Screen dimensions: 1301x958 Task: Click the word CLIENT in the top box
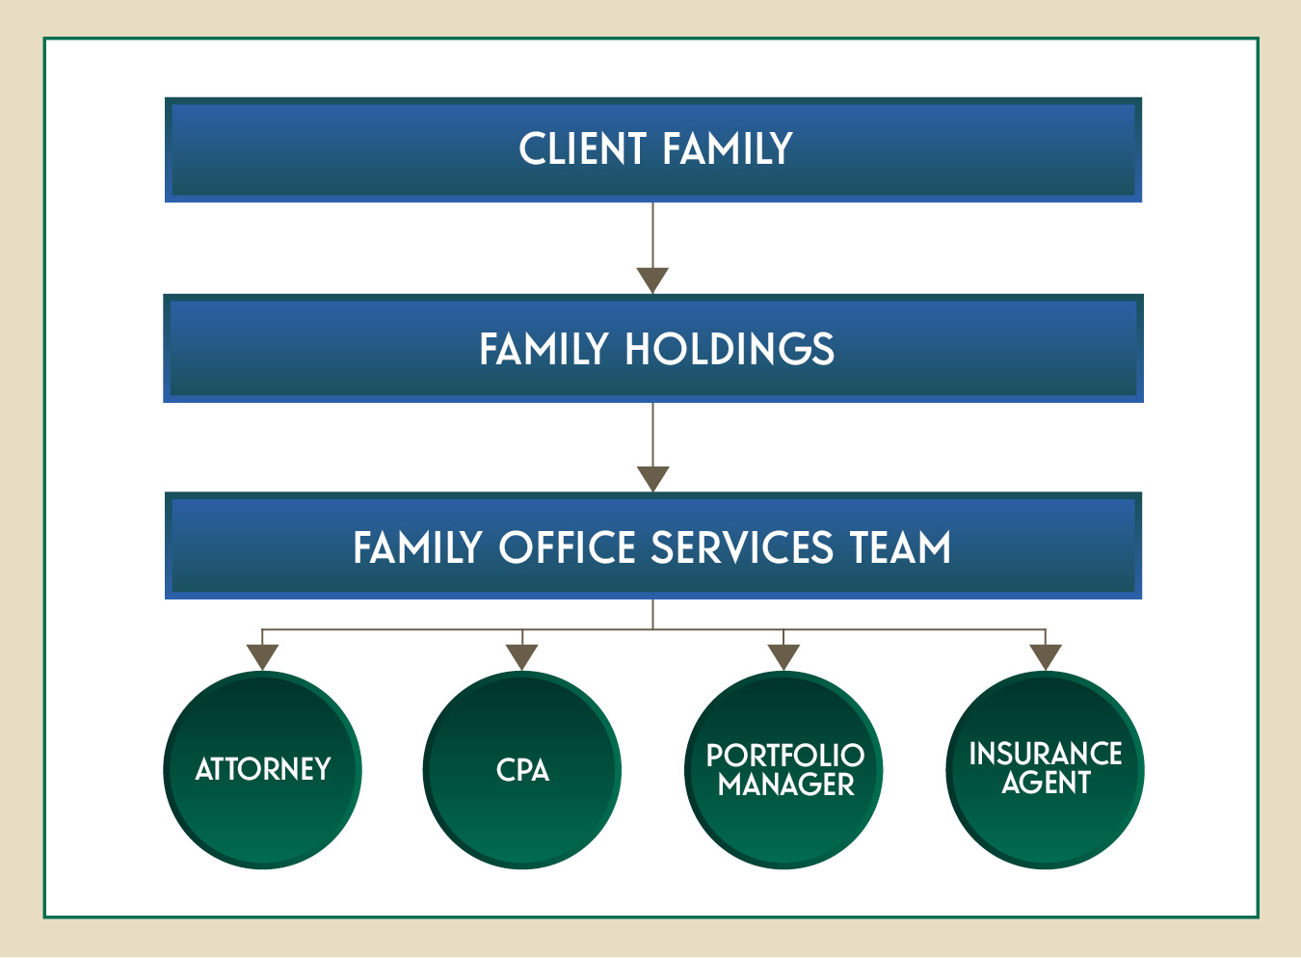click(582, 148)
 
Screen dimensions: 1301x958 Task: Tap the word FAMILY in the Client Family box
click(728, 148)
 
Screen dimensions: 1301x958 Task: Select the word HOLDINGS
click(730, 349)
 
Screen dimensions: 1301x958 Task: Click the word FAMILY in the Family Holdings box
click(544, 349)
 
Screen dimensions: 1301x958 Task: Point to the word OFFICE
click(568, 547)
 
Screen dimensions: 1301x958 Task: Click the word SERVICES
click(742, 547)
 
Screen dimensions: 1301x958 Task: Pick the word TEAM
click(900, 547)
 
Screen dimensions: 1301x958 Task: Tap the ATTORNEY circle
click(262, 770)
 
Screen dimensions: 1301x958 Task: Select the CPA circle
click(522, 770)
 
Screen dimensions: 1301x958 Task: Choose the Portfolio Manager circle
click(783, 770)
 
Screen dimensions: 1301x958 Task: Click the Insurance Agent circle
click(1046, 770)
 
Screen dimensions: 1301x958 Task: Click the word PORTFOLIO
click(785, 756)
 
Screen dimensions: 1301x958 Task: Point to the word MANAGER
click(785, 785)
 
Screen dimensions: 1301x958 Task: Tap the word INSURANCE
click(1046, 754)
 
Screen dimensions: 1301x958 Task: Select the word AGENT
click(1046, 782)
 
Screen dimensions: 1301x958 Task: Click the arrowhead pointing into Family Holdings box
click(652, 280)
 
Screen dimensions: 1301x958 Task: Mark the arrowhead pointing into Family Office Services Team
click(653, 479)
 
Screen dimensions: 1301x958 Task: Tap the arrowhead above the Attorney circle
click(262, 657)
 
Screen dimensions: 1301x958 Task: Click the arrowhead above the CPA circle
click(522, 657)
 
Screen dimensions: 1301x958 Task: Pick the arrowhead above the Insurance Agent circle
click(1046, 657)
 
